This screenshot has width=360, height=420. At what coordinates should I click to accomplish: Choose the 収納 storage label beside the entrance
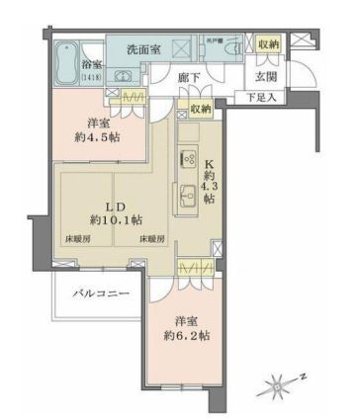[267, 43]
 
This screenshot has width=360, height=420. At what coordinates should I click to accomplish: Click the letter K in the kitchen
[208, 164]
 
